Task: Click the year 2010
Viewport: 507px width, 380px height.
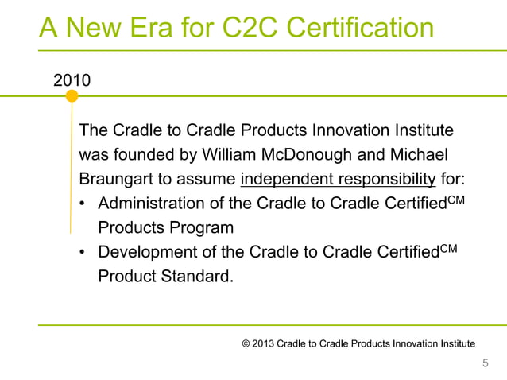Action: (72, 80)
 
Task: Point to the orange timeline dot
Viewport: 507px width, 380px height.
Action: (72, 96)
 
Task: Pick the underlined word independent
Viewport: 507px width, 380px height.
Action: (280, 177)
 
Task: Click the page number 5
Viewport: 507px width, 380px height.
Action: (486, 363)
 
